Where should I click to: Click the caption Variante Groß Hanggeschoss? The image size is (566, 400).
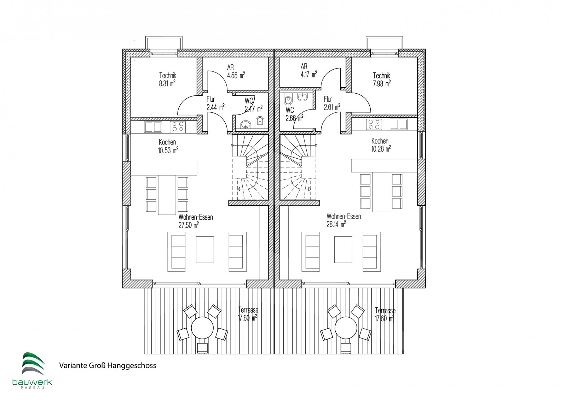pyautogui.click(x=108, y=365)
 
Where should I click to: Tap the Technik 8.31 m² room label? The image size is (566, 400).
pyautogui.click(x=168, y=80)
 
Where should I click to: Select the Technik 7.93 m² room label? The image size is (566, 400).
pyautogui.click(x=382, y=80)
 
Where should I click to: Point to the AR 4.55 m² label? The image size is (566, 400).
pyautogui.click(x=236, y=71)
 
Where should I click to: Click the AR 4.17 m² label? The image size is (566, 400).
pyautogui.click(x=309, y=70)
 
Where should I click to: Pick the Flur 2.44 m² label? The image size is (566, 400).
pyautogui.click(x=215, y=103)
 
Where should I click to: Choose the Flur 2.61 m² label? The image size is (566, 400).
pyautogui.click(x=332, y=103)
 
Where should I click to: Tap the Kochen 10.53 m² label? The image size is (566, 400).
pyautogui.click(x=168, y=146)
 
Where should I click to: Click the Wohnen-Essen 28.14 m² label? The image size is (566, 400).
pyautogui.click(x=343, y=220)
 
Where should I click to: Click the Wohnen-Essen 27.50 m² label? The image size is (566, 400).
pyautogui.click(x=196, y=221)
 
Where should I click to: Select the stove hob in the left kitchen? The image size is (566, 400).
pyautogui.click(x=178, y=127)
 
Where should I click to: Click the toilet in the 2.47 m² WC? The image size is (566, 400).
pyautogui.click(x=260, y=121)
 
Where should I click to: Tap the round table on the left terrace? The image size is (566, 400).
pyautogui.click(x=202, y=328)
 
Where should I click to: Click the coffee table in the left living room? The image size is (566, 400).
pyautogui.click(x=205, y=249)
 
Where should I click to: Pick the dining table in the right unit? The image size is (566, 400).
pyautogui.click(x=382, y=192)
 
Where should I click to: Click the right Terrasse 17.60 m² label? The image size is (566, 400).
pyautogui.click(x=385, y=314)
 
